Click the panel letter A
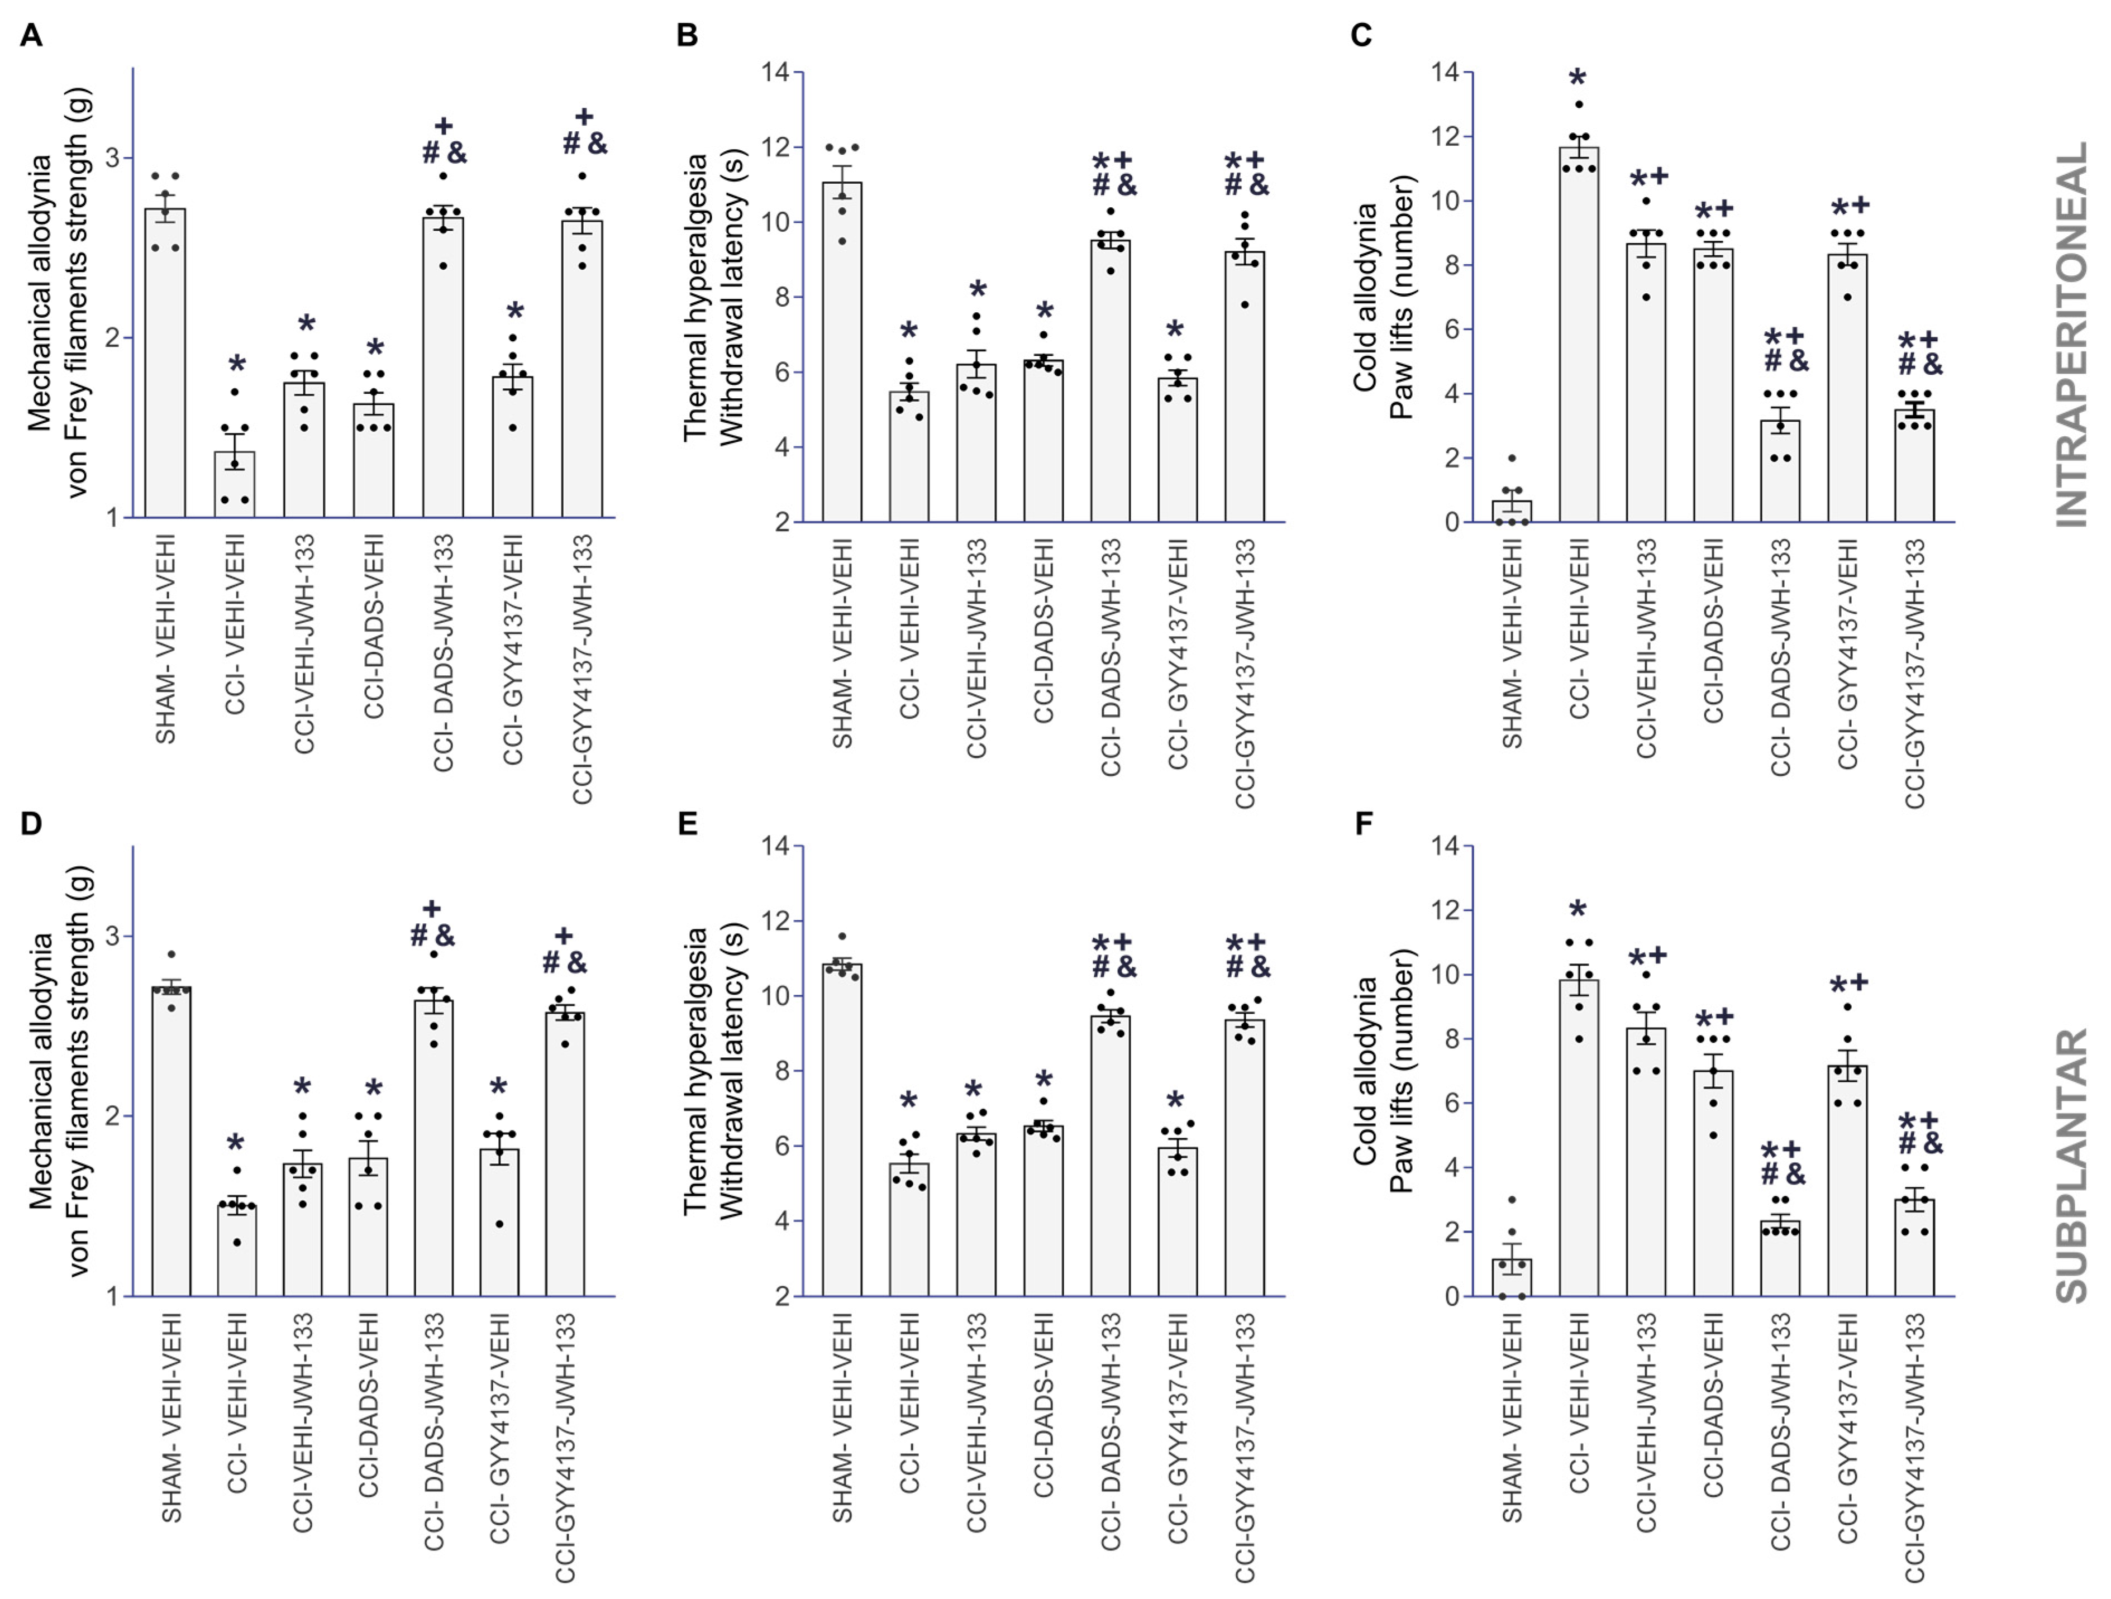coord(31,35)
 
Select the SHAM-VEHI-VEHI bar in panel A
coord(165,362)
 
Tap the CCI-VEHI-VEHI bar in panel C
coord(1579,334)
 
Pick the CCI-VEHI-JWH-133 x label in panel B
coord(976,649)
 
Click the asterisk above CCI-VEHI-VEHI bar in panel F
coord(1579,909)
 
